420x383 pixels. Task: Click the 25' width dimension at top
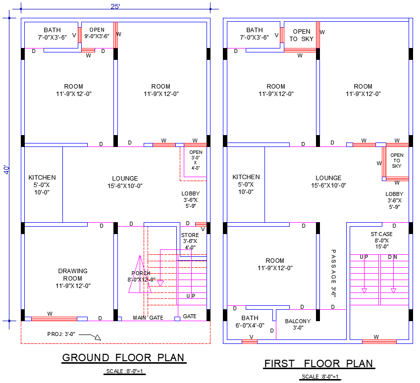coord(115,6)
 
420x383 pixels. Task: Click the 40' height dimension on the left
coord(6,169)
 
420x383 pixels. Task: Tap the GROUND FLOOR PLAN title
coord(123,357)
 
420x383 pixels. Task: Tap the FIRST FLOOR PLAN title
coord(318,364)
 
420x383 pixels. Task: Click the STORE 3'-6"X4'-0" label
coord(190,241)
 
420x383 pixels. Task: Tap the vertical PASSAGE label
coord(333,272)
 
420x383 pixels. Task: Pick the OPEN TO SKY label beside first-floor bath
coord(301,35)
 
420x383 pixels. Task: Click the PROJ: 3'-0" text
coord(61,334)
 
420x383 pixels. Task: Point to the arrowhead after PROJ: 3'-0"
coord(98,337)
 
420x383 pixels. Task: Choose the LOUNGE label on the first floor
coord(329,178)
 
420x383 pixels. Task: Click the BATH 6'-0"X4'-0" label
coord(250,322)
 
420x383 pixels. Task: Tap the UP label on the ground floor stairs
coord(191,296)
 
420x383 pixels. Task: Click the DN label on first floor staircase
coord(392,257)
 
